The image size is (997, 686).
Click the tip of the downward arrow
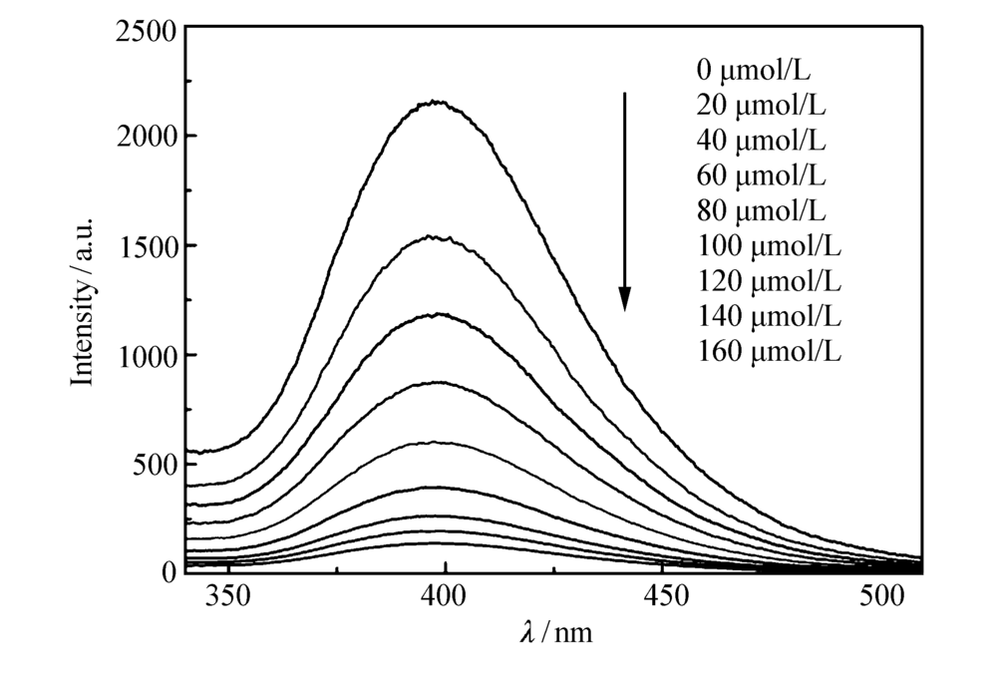pyautogui.click(x=625, y=309)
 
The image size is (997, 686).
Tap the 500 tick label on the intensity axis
pyautogui.click(x=158, y=465)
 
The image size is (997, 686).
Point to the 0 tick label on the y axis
pyautogui.click(x=169, y=571)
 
